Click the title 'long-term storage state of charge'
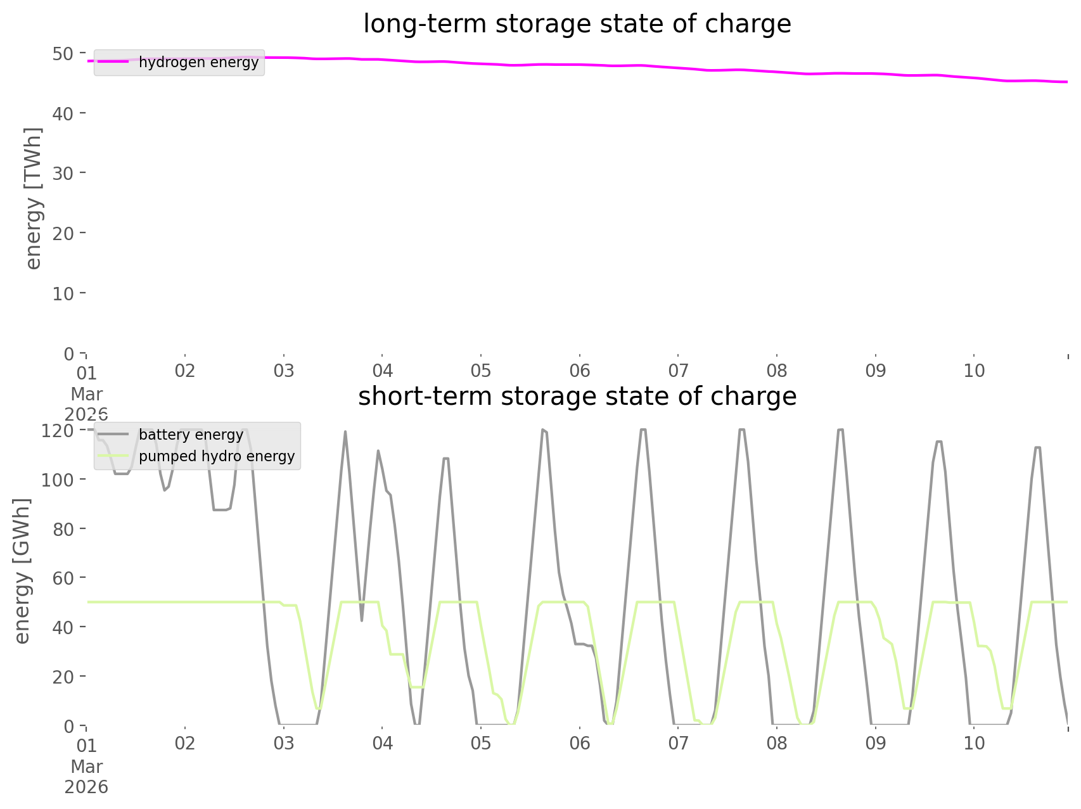click(577, 24)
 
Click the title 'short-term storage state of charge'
click(577, 397)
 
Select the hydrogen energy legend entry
click(198, 62)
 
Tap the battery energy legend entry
click(191, 435)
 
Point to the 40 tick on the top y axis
click(63, 113)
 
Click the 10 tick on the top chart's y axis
click(63, 293)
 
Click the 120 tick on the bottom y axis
click(58, 431)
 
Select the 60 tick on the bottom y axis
click(63, 578)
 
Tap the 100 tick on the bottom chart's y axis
click(58, 480)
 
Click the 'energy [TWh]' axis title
click(33, 198)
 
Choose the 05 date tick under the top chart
click(481, 371)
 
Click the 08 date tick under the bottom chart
click(777, 743)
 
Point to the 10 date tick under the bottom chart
click(974, 743)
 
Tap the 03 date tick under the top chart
click(284, 371)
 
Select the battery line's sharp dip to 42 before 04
click(362, 620)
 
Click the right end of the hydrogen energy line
click(1067, 82)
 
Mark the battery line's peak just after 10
click(1037, 447)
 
